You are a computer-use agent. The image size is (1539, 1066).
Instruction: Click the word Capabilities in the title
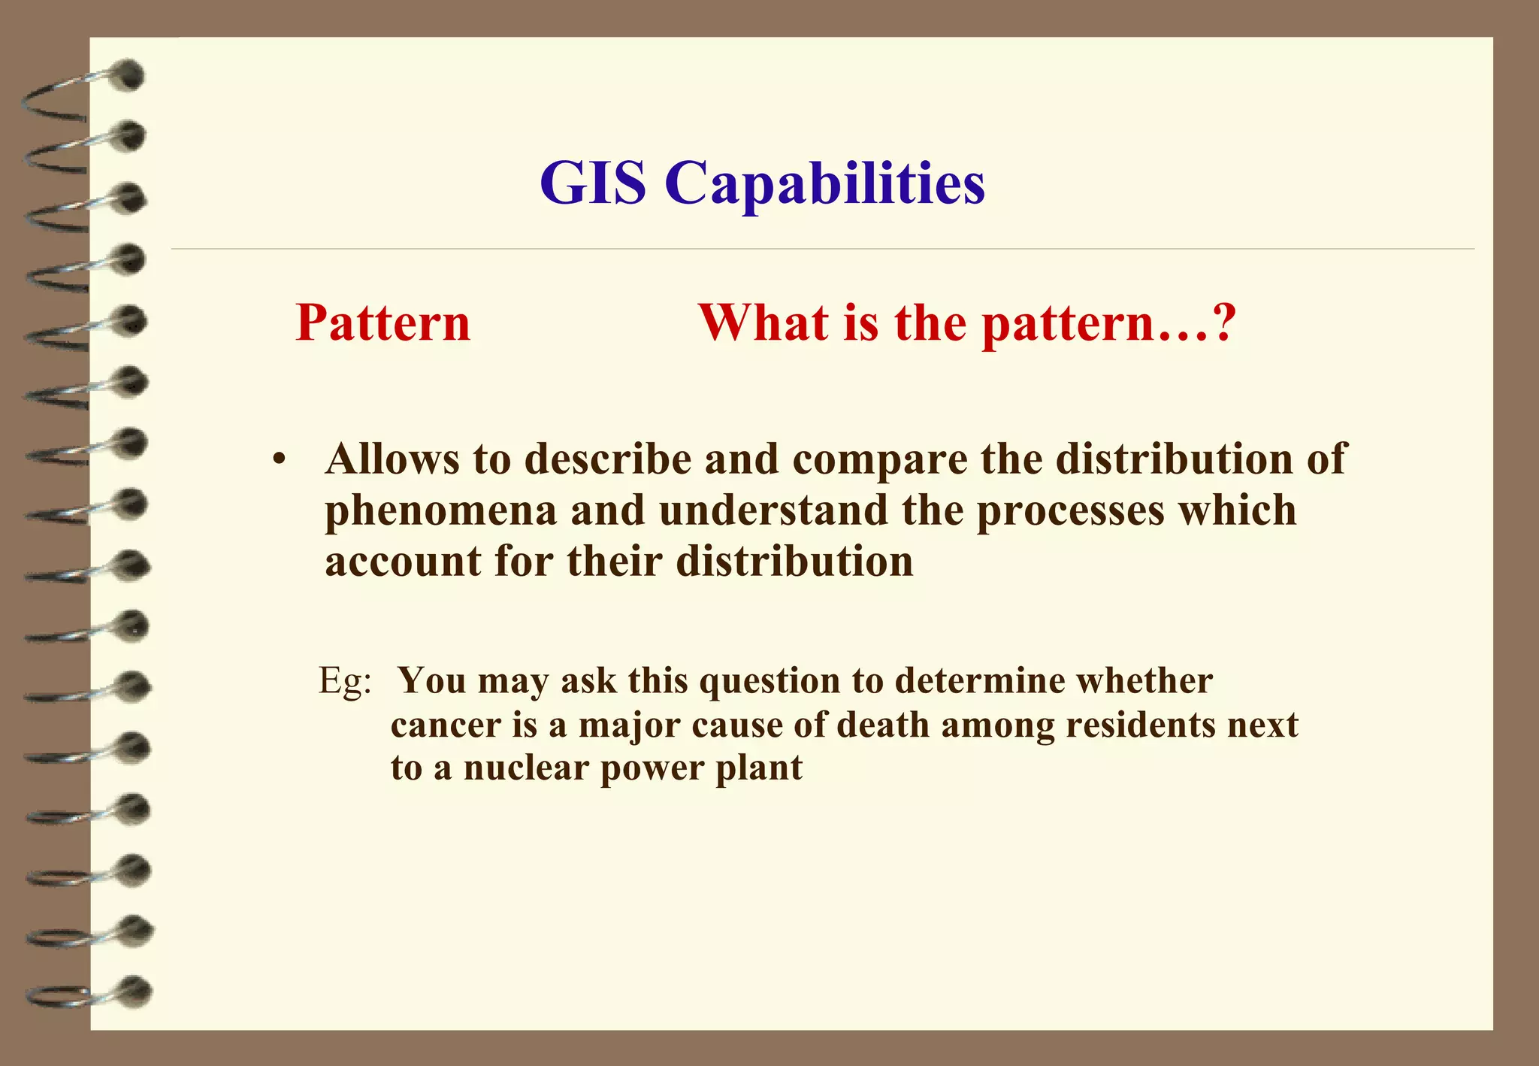click(x=824, y=184)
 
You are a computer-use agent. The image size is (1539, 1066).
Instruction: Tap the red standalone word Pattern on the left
click(x=382, y=323)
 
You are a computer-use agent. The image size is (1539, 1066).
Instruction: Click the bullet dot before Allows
click(x=280, y=460)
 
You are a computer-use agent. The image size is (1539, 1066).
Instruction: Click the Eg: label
click(x=345, y=681)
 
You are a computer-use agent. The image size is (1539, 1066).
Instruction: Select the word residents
click(x=1140, y=725)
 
